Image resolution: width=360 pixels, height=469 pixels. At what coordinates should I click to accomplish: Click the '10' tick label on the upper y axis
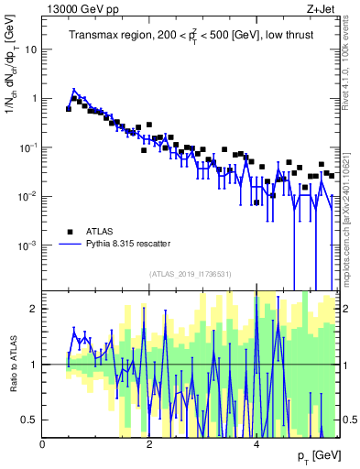click(30, 49)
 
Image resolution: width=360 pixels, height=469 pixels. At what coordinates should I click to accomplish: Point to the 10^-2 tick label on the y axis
click(29, 196)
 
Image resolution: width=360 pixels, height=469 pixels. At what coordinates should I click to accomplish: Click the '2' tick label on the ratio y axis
click(35, 309)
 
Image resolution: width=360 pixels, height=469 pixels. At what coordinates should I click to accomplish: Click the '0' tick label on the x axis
click(43, 444)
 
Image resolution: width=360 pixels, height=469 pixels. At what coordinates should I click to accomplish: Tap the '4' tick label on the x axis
click(256, 444)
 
